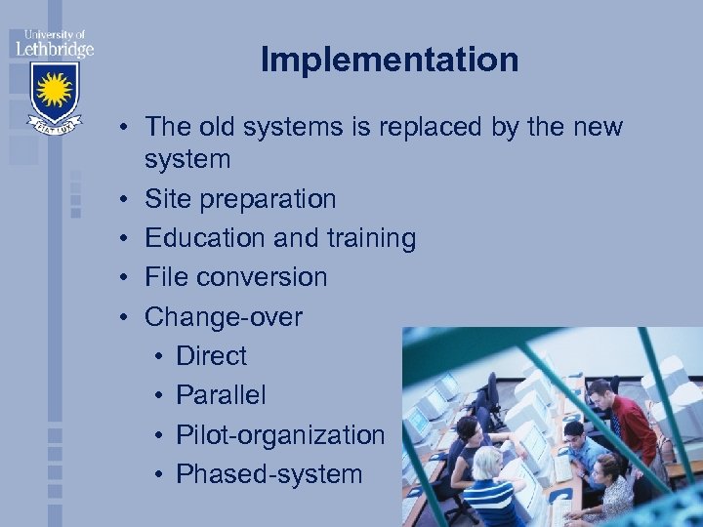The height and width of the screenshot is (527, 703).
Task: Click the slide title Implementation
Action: (x=389, y=61)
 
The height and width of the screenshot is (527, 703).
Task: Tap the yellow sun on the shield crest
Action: (x=53, y=92)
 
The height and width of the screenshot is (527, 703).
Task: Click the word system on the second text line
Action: (x=187, y=159)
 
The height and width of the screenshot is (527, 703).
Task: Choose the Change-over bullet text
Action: (x=224, y=317)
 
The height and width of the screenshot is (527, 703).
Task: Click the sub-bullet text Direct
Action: (x=211, y=356)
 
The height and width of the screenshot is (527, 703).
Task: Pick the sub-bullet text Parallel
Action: (x=221, y=396)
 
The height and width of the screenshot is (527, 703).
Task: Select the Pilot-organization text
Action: (x=280, y=435)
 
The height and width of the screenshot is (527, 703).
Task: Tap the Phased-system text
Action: (x=269, y=475)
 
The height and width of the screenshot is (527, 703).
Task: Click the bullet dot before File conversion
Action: (x=126, y=278)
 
